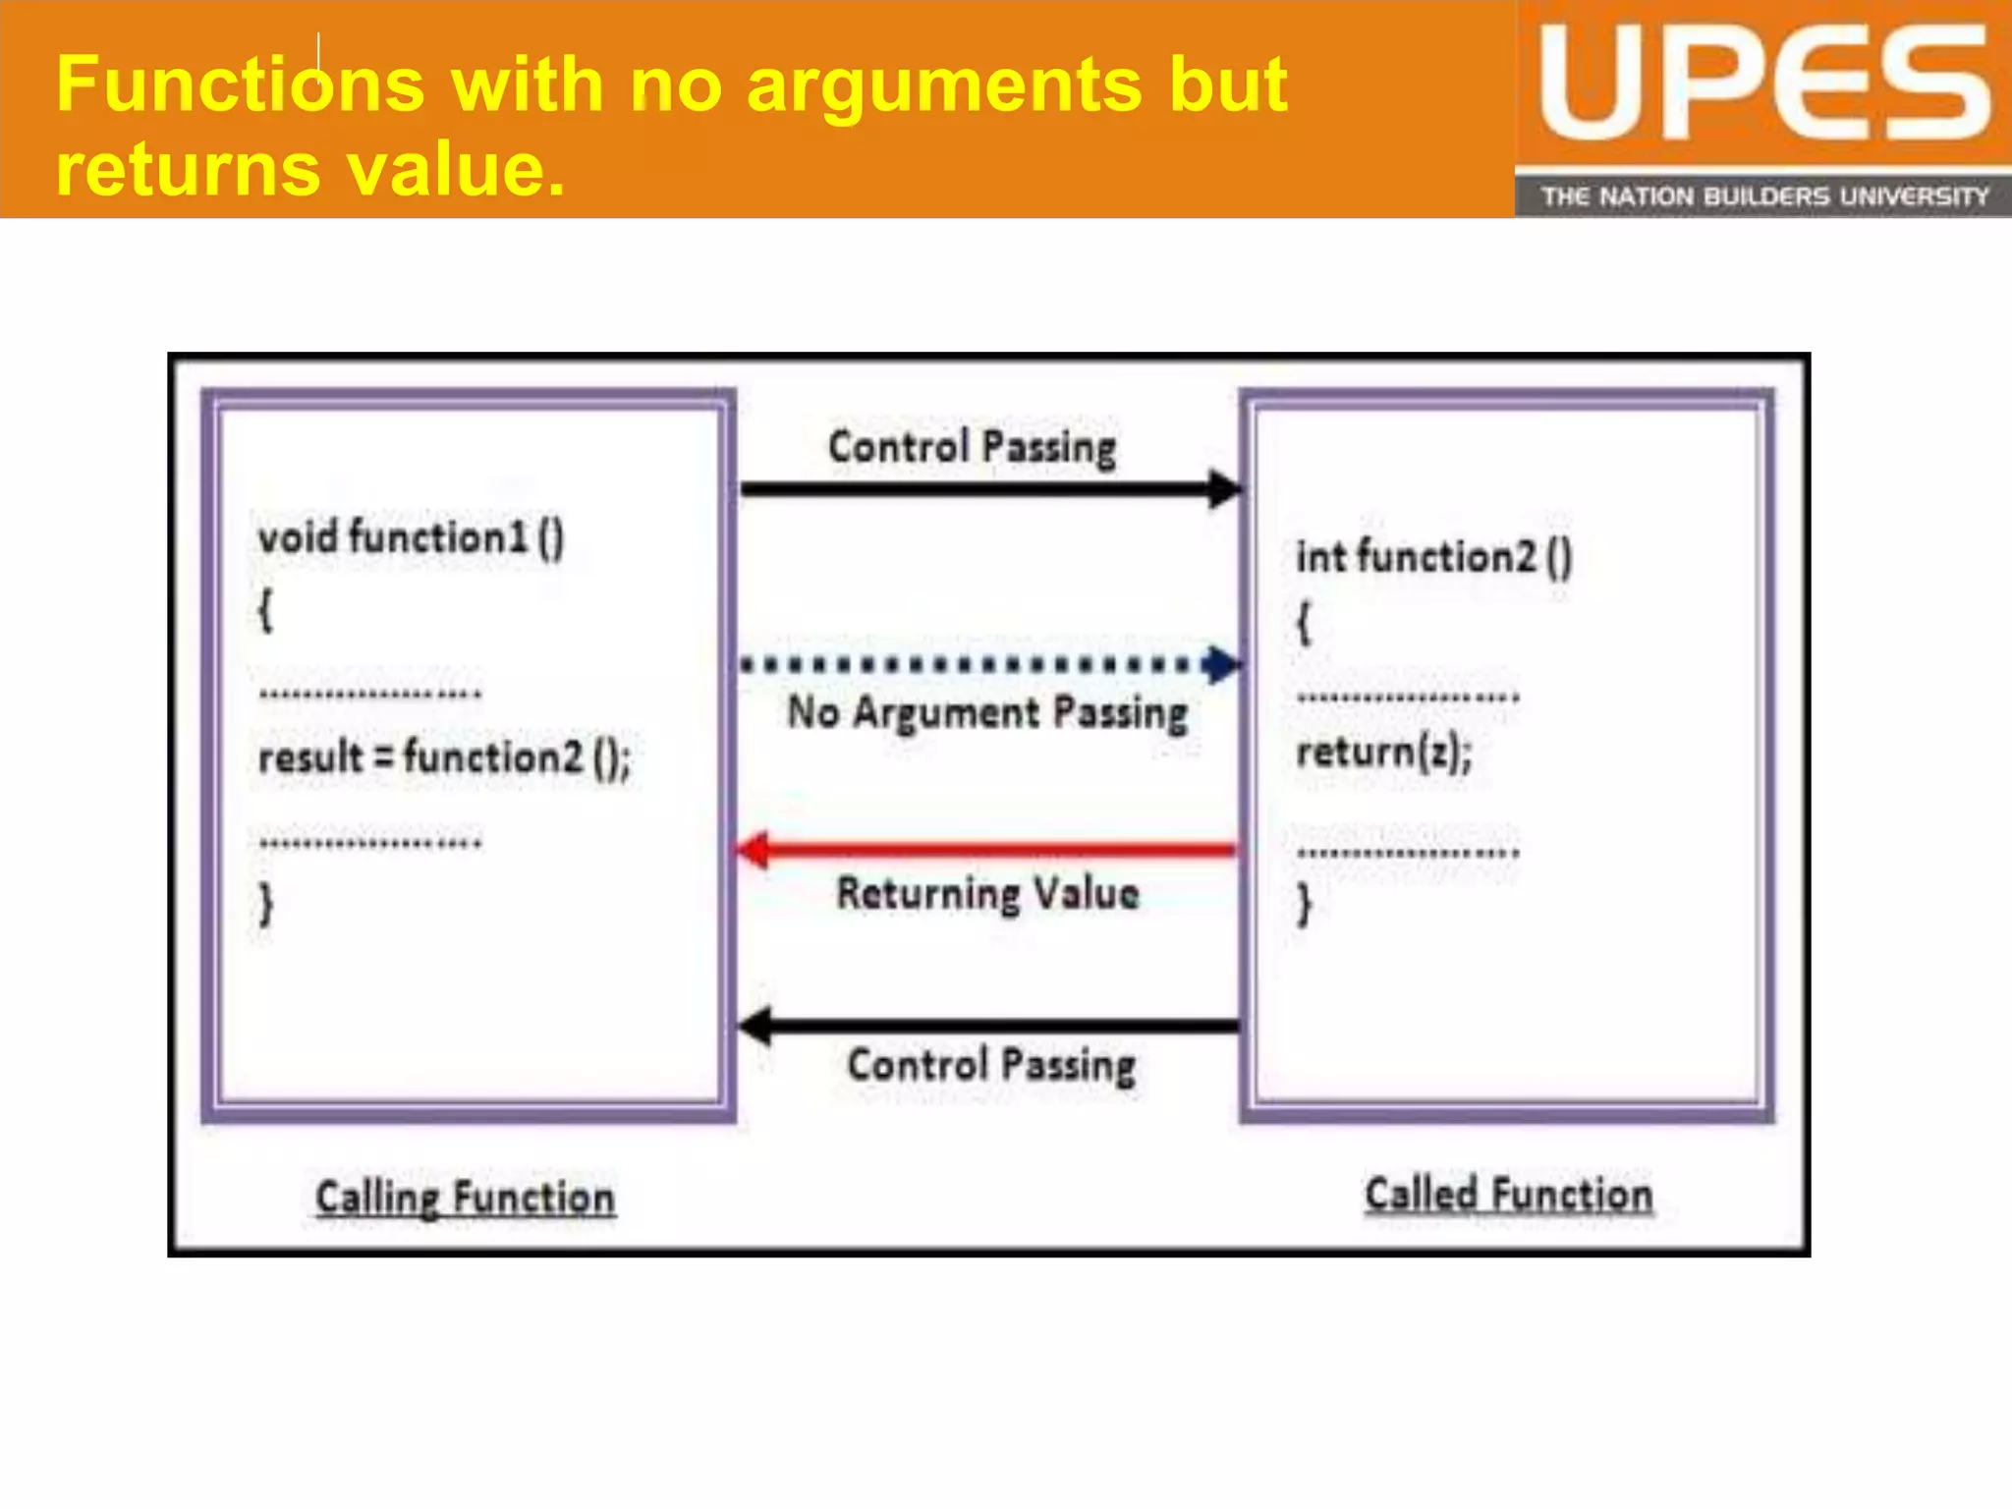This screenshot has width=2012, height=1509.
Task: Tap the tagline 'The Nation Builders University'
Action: click(1763, 196)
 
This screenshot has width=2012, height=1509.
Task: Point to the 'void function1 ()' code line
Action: click(411, 538)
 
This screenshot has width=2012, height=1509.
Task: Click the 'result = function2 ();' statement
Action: click(444, 758)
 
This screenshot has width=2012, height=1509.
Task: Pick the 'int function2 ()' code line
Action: click(1433, 558)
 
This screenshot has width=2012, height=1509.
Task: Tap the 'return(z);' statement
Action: click(1383, 753)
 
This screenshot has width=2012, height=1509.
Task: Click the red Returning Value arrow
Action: click(987, 850)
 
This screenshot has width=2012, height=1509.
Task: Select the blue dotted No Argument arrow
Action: click(987, 665)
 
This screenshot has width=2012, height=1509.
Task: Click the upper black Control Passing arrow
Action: click(987, 488)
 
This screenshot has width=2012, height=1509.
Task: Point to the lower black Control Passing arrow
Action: click(987, 1027)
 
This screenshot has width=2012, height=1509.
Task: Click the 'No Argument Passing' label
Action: click(987, 713)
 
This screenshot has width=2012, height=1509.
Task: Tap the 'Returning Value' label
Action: click(987, 894)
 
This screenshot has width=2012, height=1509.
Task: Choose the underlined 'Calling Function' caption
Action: click(465, 1199)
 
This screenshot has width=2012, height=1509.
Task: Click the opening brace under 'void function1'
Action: click(265, 611)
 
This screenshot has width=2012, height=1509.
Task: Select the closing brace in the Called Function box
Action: click(1304, 904)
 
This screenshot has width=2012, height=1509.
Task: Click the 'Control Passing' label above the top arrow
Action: click(972, 448)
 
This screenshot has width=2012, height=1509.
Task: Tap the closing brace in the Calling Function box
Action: click(265, 904)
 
